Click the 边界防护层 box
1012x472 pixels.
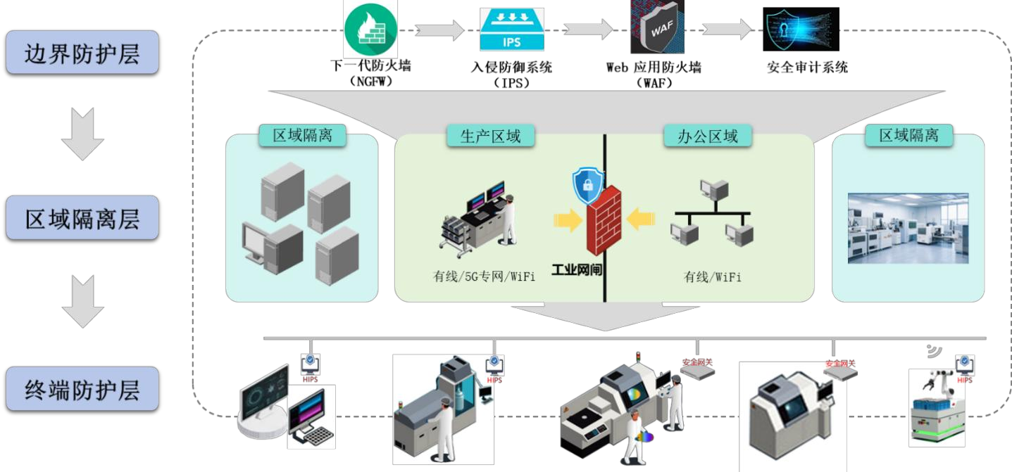[82, 53]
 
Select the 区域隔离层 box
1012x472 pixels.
[82, 218]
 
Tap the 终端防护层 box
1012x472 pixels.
[82, 388]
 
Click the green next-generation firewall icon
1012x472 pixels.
[370, 29]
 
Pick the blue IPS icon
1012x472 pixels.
[511, 30]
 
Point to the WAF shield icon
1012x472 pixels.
[656, 28]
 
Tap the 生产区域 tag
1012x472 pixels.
[491, 136]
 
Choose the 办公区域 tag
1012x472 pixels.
[708, 136]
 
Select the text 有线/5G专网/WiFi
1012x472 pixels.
[484, 276]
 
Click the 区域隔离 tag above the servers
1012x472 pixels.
[302, 135]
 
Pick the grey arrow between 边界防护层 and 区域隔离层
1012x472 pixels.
[82, 134]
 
